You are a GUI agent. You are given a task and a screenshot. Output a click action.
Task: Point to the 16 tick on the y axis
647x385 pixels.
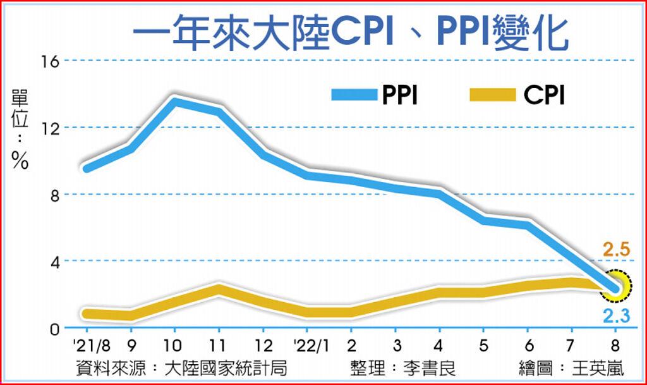(50, 61)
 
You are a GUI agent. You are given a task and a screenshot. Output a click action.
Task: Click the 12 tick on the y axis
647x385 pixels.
(50, 128)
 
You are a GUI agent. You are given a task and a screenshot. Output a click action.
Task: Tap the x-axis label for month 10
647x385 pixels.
(173, 346)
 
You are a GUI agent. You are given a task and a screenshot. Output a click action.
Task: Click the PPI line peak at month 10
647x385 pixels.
(174, 101)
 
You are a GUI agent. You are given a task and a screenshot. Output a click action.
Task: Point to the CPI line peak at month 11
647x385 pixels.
(218, 289)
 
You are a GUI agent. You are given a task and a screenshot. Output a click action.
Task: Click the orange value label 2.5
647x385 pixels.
(616, 252)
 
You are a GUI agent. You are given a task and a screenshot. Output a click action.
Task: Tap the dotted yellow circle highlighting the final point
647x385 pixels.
(616, 287)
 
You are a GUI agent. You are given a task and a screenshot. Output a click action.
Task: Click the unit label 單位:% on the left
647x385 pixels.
(20, 130)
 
